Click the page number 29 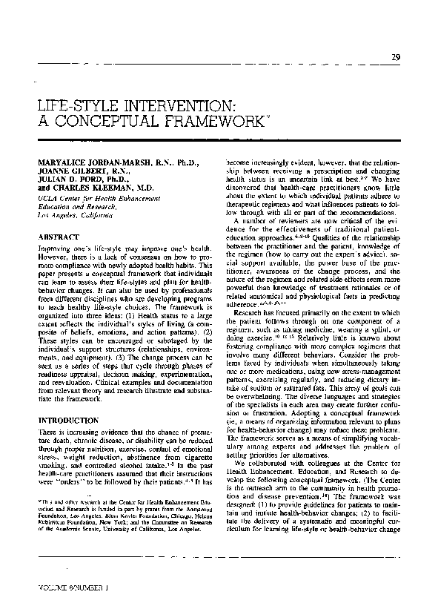pyautogui.click(x=396, y=59)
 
